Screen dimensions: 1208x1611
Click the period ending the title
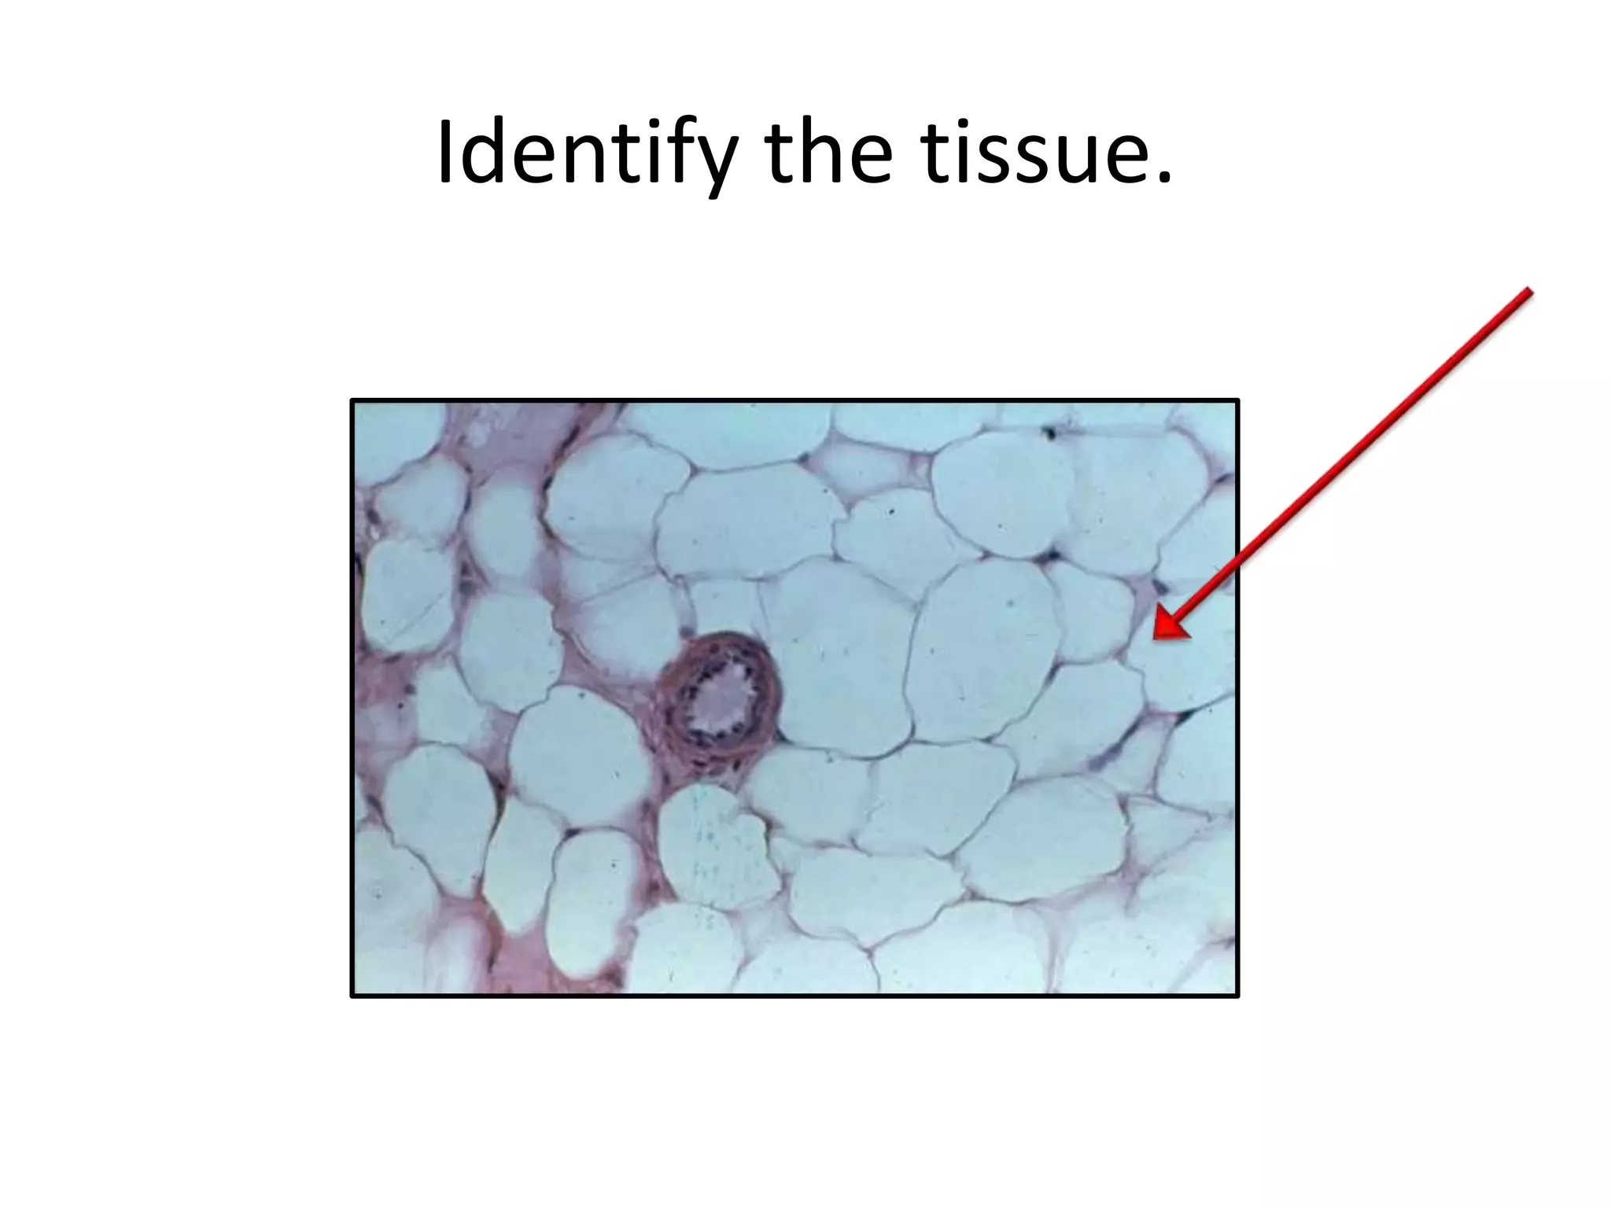[1163, 180]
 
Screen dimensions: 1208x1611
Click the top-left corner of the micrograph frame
[352, 401]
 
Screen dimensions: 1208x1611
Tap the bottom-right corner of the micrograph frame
[1237, 996]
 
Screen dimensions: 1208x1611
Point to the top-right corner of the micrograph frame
[1237, 401]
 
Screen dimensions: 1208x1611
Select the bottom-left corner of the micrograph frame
[352, 996]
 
